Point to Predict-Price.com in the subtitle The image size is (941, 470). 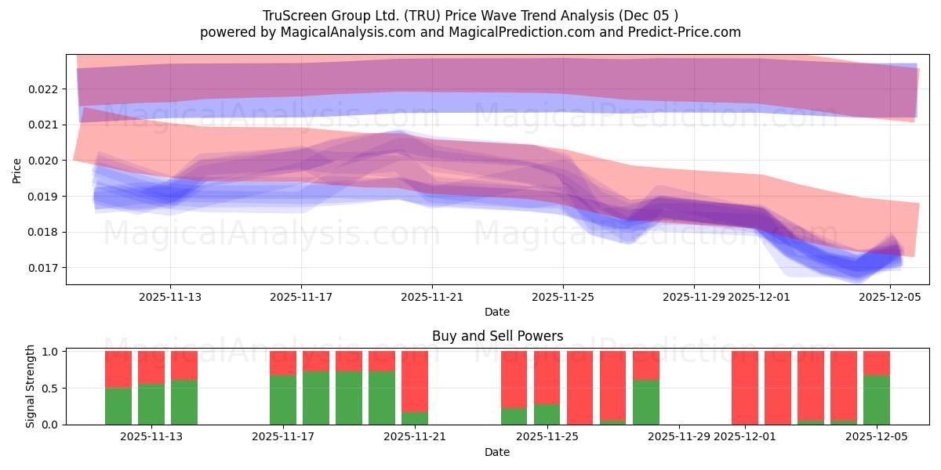(x=685, y=32)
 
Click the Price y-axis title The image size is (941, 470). (x=17, y=169)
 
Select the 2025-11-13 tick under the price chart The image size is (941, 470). (x=171, y=297)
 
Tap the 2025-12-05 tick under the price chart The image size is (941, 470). (x=890, y=297)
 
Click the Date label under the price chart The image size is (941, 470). (x=497, y=312)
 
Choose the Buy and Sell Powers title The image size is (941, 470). (x=497, y=336)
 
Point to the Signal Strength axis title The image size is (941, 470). (x=31, y=386)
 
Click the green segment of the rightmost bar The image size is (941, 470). (x=877, y=399)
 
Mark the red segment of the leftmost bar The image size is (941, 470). (x=118, y=369)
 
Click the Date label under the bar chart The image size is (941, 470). (x=497, y=452)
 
